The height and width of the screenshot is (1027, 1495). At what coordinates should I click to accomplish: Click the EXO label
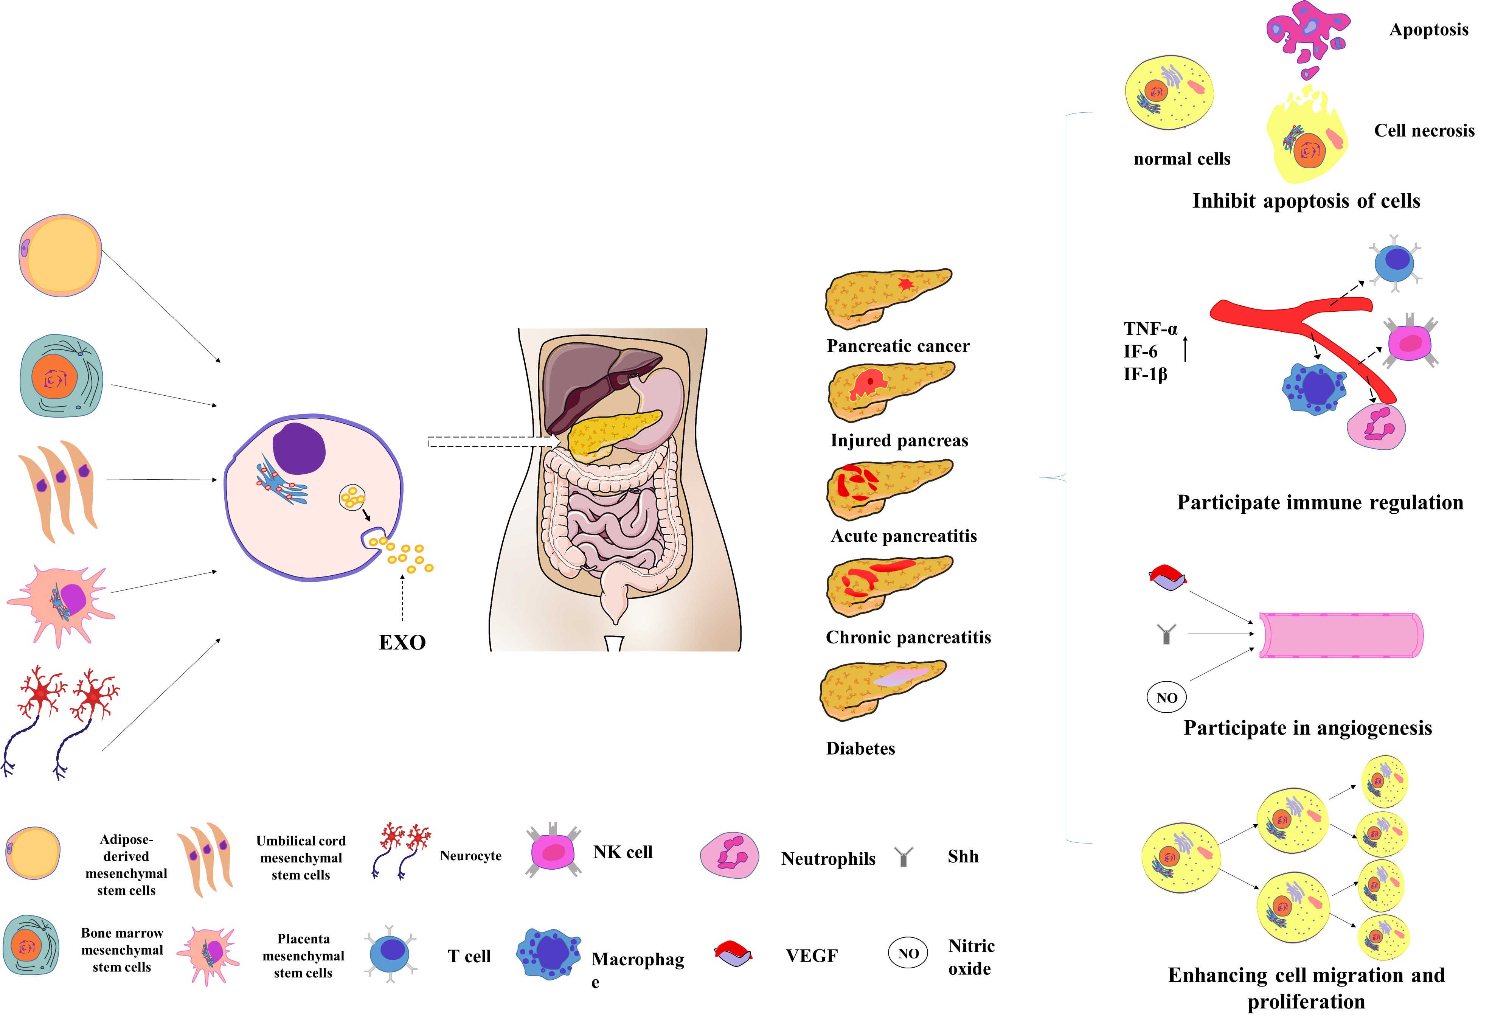(402, 642)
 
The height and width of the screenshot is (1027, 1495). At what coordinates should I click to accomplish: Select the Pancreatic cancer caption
(898, 346)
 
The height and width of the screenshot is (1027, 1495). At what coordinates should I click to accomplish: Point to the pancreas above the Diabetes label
(881, 690)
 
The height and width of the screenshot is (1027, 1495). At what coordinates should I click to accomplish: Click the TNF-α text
(1150, 329)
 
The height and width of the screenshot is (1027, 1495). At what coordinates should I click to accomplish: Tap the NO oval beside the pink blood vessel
(1166, 698)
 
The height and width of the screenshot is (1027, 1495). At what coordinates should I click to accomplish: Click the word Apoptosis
(1429, 30)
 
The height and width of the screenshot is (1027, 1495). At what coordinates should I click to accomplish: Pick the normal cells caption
(1182, 159)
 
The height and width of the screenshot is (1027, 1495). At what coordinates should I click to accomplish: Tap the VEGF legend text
(812, 956)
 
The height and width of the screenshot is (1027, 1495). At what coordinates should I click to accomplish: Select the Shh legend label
(963, 856)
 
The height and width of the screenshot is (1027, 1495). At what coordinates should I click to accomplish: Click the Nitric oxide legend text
(971, 957)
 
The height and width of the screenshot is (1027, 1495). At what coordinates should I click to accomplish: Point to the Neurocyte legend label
(470, 856)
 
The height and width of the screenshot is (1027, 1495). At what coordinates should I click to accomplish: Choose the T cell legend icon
(390, 954)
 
